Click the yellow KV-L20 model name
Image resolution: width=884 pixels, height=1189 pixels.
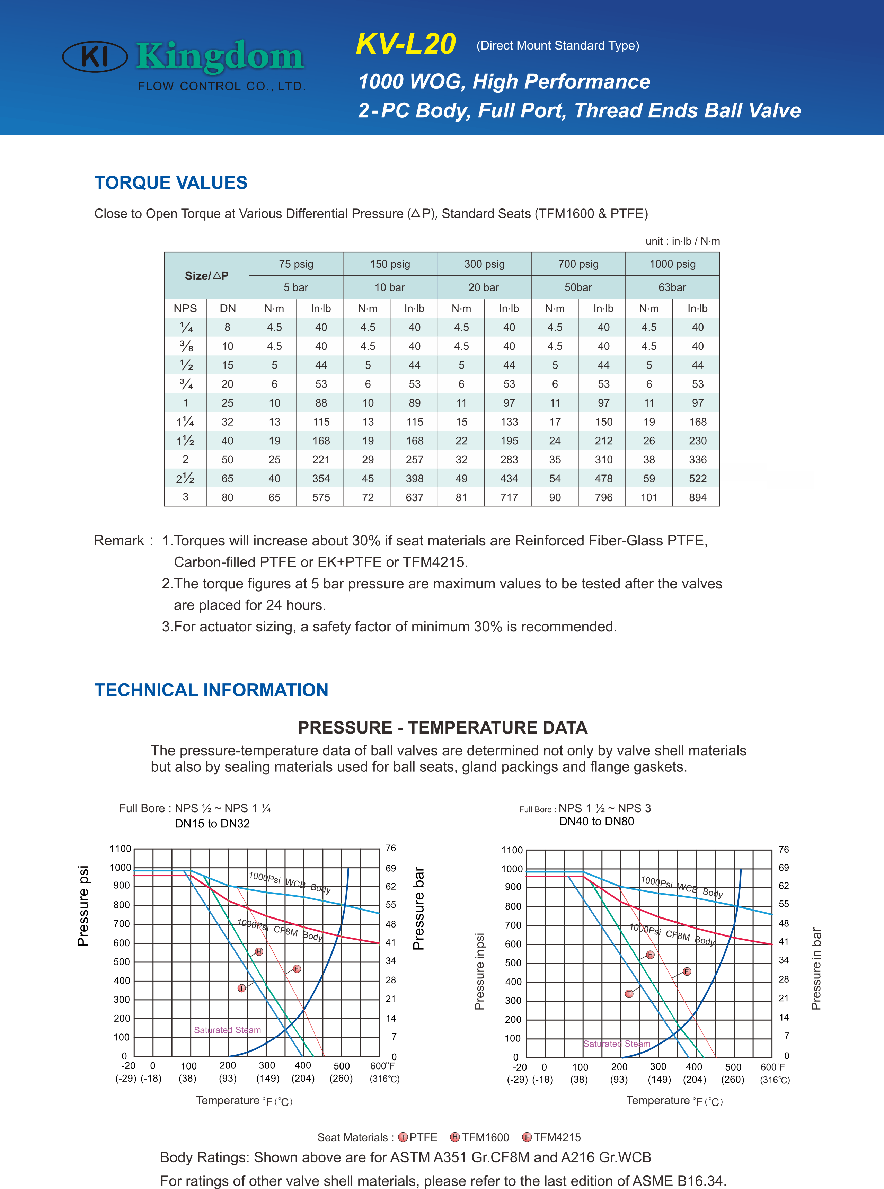click(406, 44)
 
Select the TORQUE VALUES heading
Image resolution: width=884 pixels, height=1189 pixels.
click(171, 183)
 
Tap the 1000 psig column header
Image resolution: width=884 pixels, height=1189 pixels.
click(672, 264)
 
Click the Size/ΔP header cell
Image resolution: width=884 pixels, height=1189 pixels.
click(206, 276)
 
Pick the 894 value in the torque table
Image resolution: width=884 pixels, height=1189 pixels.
click(697, 497)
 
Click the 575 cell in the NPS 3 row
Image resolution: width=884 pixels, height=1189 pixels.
click(321, 497)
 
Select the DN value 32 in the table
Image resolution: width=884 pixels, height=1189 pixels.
click(228, 422)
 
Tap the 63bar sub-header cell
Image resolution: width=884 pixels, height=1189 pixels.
click(672, 287)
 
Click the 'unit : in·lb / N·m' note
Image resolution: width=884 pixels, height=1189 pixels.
click(682, 241)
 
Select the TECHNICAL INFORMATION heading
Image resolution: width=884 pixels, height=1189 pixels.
click(211, 690)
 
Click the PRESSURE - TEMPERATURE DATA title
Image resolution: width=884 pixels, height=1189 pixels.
click(443, 728)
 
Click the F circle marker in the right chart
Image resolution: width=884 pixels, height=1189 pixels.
click(687, 971)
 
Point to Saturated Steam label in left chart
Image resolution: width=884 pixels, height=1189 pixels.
click(228, 1030)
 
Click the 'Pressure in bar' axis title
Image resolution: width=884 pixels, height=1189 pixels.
click(816, 968)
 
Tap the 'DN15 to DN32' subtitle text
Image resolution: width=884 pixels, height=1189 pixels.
click(212, 824)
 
